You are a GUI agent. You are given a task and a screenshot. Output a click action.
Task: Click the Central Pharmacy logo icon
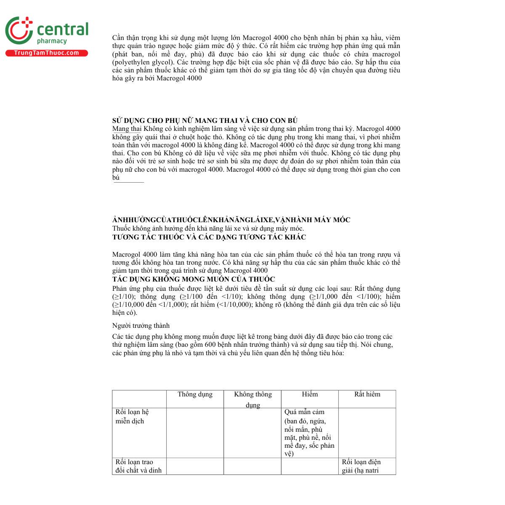[x=19, y=30]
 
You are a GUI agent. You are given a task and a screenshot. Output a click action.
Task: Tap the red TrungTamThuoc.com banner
[x=46, y=53]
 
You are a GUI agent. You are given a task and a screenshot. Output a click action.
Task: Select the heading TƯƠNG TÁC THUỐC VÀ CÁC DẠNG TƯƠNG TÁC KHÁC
[x=209, y=237]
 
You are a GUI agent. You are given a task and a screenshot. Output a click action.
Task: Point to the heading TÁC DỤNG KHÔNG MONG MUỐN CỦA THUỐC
[x=194, y=279]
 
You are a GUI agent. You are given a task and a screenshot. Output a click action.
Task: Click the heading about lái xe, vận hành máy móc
[x=231, y=220]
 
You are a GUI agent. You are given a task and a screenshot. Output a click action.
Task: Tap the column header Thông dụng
[x=195, y=394]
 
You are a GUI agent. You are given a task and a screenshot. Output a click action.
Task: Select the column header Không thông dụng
[x=252, y=399]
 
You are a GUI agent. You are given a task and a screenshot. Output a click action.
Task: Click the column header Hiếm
[x=310, y=394]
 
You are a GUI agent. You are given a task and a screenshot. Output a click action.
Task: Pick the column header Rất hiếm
[x=367, y=394]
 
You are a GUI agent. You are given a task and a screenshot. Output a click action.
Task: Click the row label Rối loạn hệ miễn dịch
[x=132, y=416]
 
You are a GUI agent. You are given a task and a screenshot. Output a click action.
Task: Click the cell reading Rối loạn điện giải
[x=361, y=466]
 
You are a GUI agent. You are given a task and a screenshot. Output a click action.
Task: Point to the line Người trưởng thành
[x=141, y=326]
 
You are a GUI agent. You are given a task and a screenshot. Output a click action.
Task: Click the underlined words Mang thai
[x=127, y=129]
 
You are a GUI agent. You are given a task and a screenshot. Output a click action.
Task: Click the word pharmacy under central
[x=52, y=41]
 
